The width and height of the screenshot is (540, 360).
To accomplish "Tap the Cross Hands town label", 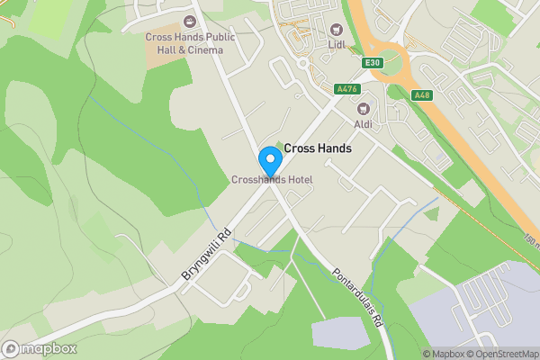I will click(317, 148).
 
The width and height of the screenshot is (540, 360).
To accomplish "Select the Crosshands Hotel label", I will click(272, 180).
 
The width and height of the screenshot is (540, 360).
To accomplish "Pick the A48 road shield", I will click(421, 94).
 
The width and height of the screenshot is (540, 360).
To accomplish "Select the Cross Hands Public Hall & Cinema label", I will click(190, 43).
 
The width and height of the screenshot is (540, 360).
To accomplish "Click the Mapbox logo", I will click(40, 348).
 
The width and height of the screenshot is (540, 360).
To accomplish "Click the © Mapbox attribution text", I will click(441, 354).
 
